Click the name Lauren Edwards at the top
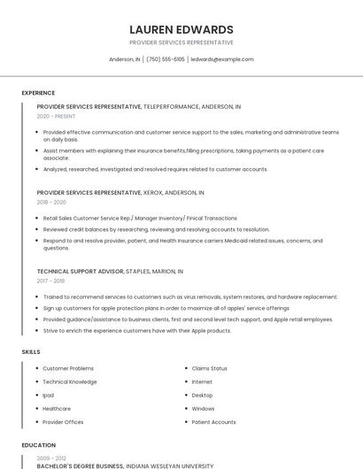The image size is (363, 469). click(181, 29)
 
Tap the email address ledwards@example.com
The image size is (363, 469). click(222, 59)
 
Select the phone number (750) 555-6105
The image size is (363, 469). click(166, 59)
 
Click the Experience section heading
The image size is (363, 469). click(38, 93)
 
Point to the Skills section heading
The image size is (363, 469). click(31, 352)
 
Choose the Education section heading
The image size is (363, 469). click(39, 445)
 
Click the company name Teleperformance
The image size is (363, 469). click(177, 106)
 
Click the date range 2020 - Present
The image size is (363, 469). click(56, 116)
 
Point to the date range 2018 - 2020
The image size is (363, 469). click(51, 202)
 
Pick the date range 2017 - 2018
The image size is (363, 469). click(50, 281)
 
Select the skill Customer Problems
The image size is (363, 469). click(68, 368)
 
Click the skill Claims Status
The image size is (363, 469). click(210, 368)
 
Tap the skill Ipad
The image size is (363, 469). click(49, 395)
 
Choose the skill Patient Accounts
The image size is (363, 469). click(214, 422)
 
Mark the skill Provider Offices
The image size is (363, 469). click(64, 422)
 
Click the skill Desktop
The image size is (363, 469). click(203, 395)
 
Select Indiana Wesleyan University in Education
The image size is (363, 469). click(169, 465)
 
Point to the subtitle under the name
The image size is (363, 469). click(181, 42)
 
